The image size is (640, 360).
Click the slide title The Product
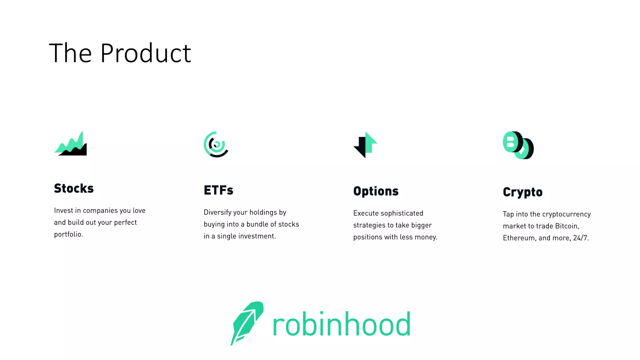(x=120, y=53)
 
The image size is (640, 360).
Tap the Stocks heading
(x=74, y=188)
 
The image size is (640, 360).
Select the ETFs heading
(x=218, y=190)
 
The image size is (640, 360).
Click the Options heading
(x=376, y=191)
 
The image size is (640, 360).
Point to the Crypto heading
(x=523, y=192)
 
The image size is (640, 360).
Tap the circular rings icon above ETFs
(x=216, y=144)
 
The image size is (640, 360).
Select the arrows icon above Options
(x=365, y=145)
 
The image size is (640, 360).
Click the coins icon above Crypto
(x=518, y=145)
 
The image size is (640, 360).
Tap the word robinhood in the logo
(x=341, y=324)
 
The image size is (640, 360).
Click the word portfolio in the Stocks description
(x=68, y=234)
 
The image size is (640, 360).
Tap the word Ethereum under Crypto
(x=519, y=238)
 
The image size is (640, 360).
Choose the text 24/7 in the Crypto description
(x=581, y=238)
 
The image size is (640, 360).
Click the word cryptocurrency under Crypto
(x=566, y=214)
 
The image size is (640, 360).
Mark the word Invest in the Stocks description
(x=63, y=211)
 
